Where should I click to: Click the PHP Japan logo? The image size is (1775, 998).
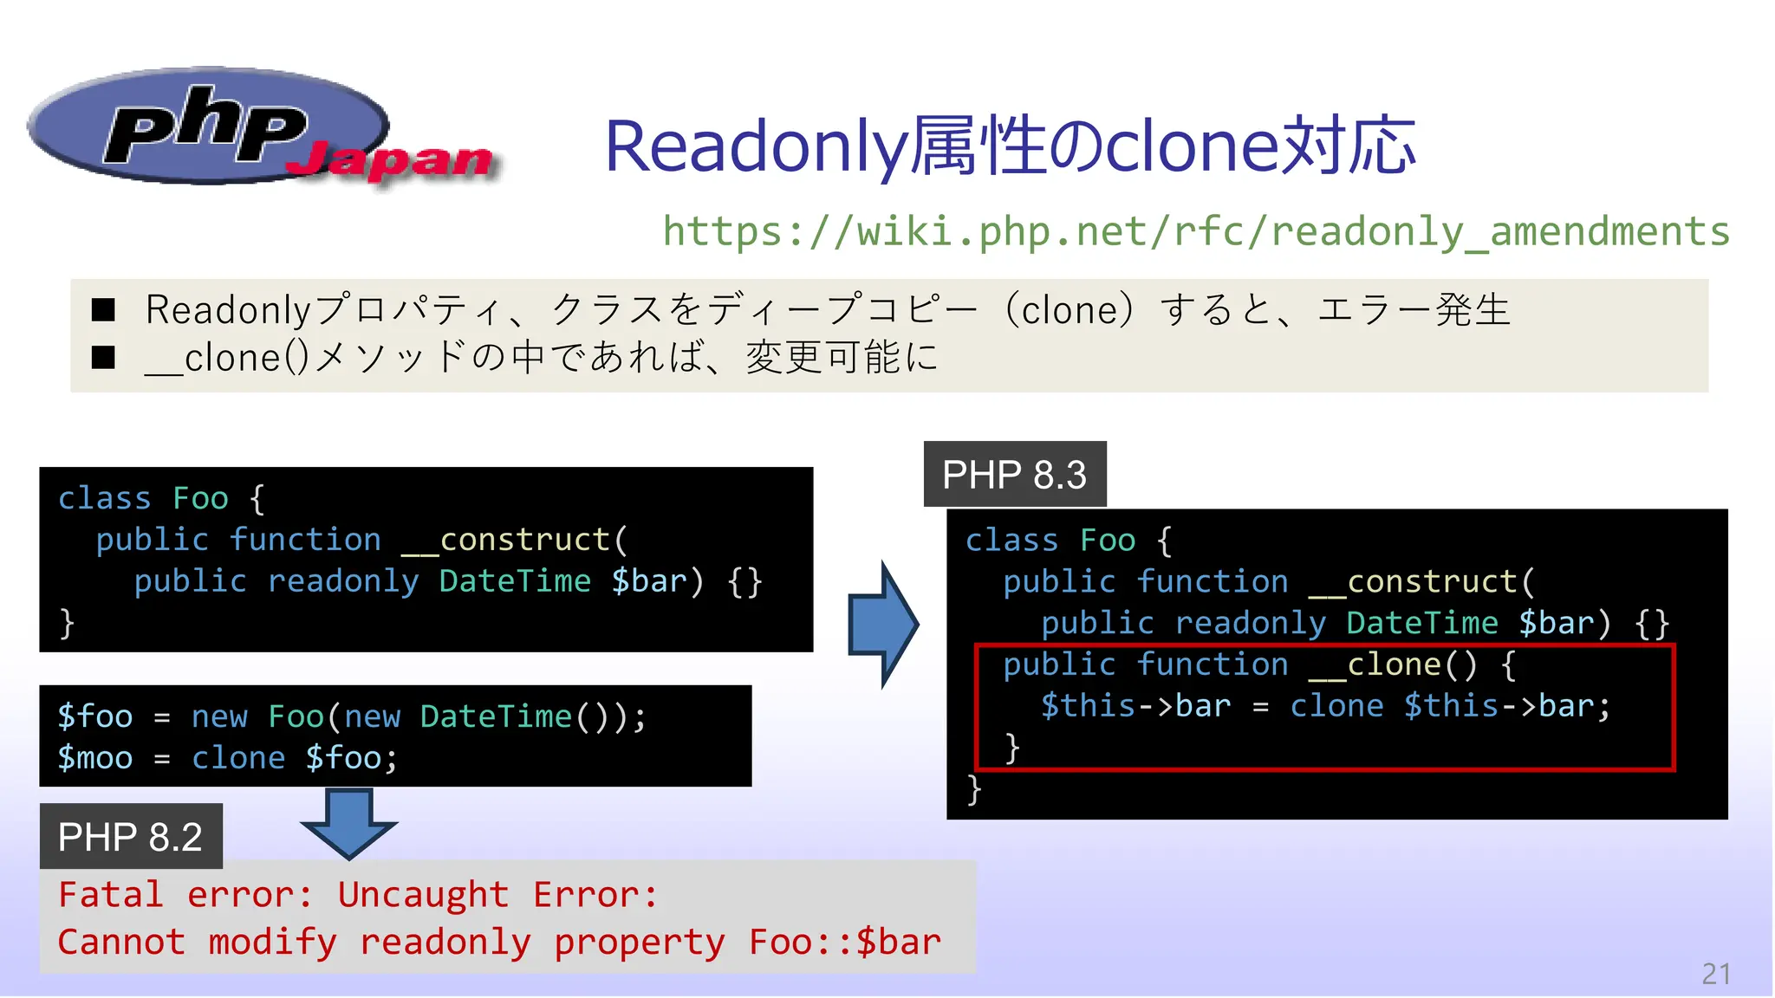click(x=260, y=130)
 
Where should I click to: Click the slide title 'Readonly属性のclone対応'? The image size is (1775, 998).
click(x=1010, y=146)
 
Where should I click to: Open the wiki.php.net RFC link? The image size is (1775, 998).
click(x=1196, y=231)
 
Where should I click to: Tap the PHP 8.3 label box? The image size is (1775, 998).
click(x=1014, y=475)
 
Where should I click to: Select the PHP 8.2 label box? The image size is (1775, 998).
click(x=131, y=837)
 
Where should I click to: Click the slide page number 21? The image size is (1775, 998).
click(x=1716, y=974)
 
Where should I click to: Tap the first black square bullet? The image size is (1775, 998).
click(x=104, y=310)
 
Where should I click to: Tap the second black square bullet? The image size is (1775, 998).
click(x=104, y=357)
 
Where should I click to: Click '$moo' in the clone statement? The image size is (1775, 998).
click(x=95, y=759)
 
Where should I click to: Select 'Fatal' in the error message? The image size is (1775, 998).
click(x=111, y=895)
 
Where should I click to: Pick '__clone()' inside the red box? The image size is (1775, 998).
click(x=1392, y=665)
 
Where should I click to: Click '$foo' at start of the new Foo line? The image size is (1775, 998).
click(x=95, y=717)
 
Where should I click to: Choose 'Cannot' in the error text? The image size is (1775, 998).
click(x=121, y=943)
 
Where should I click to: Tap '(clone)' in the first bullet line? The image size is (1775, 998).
click(x=1070, y=310)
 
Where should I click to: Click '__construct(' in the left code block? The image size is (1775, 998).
click(x=515, y=541)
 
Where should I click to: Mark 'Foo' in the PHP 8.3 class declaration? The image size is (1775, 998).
click(x=1108, y=541)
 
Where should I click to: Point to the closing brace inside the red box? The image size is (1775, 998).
click(x=1011, y=747)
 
